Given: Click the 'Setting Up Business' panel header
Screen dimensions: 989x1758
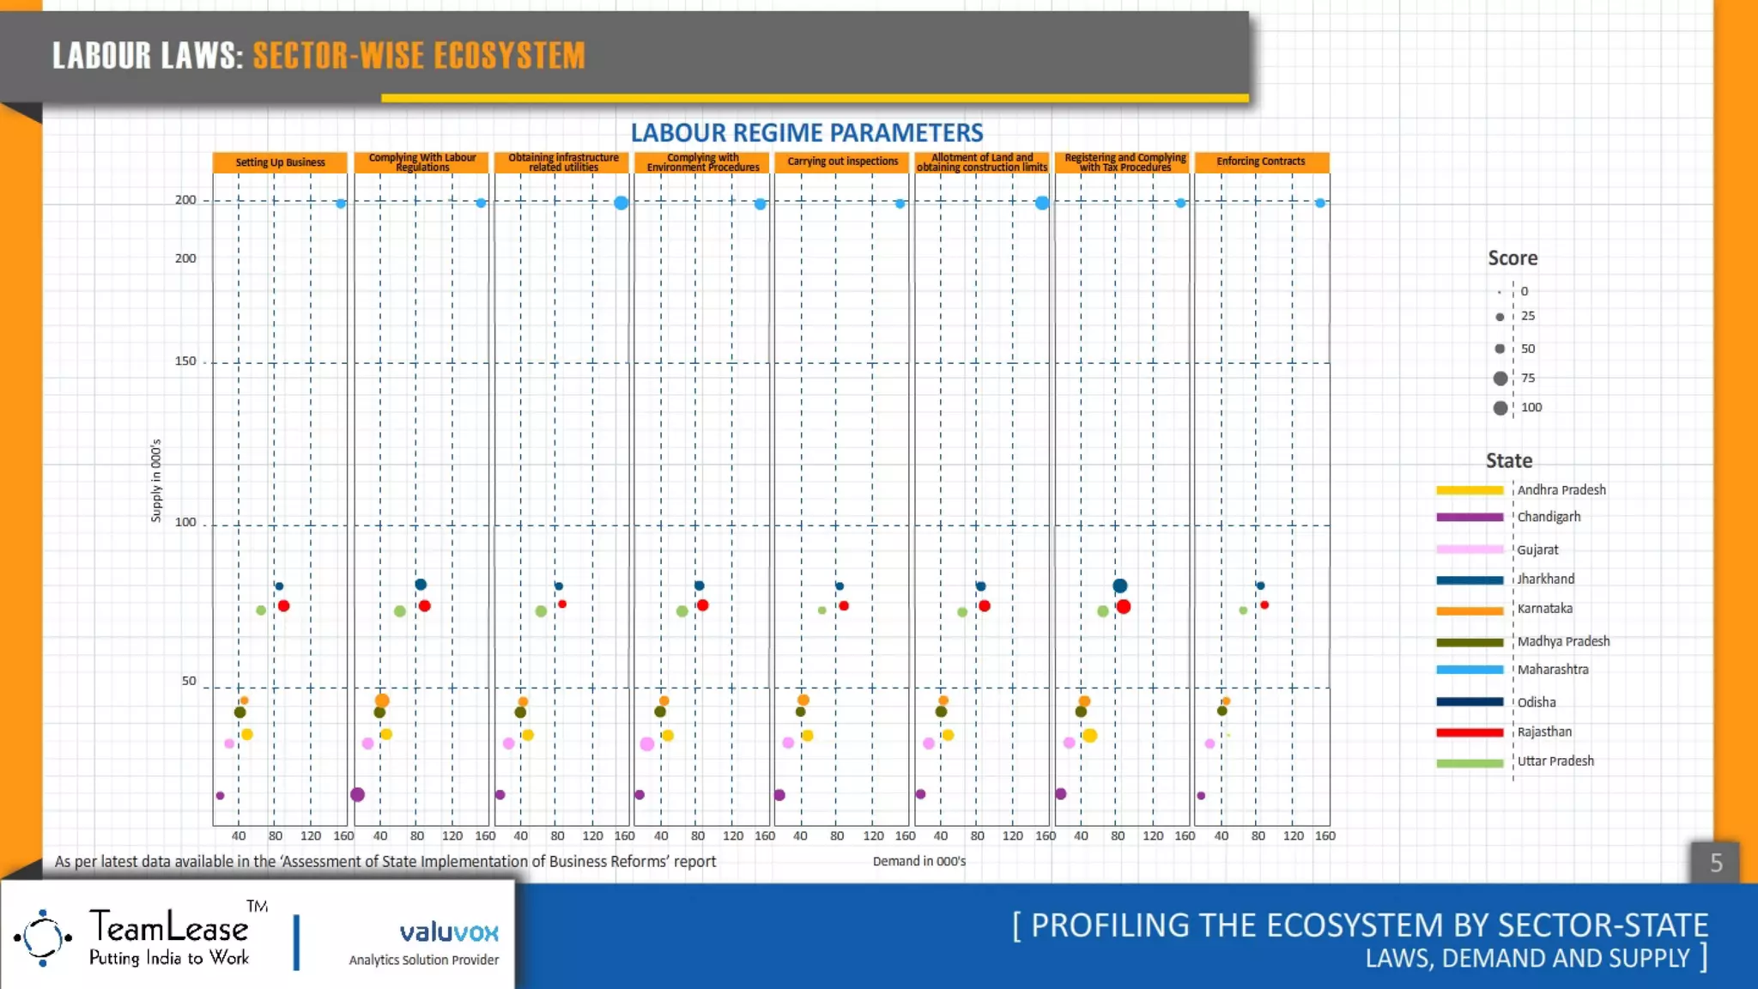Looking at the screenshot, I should coord(280,162).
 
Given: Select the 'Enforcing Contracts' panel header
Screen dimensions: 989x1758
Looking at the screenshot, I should coord(1260,161).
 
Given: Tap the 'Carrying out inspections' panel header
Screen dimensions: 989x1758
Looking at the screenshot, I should coord(842,161).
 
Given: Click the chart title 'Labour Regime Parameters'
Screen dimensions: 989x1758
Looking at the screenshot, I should coord(807,133).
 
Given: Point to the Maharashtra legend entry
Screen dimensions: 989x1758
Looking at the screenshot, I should coord(1552,670).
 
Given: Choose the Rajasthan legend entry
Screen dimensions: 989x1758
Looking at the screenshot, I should coord(1544,732).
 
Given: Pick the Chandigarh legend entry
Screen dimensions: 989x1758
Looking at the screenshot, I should coord(1549,517).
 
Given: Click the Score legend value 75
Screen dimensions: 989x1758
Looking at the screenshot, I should coord(1527,378).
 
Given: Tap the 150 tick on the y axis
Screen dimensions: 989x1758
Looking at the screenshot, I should coord(185,361).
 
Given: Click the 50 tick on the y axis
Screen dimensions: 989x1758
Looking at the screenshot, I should coord(189,682).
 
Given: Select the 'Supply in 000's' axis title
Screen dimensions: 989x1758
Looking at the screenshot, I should coord(156,481).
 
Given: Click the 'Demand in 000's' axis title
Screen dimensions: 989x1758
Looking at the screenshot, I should coord(918,861).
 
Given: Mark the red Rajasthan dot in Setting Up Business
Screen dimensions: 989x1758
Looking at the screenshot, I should coord(284,606).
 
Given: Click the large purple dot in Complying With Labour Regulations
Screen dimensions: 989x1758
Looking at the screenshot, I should coord(358,794).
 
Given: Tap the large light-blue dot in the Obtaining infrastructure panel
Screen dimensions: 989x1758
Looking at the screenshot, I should coord(621,203).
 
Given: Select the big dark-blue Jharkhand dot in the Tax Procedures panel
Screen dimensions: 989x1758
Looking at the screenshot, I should coord(1119,586).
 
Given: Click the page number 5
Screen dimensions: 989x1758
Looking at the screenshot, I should coord(1715,863).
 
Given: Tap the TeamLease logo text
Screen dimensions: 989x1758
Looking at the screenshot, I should coord(169,928).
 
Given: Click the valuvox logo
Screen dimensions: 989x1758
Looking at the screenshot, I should coord(448,932).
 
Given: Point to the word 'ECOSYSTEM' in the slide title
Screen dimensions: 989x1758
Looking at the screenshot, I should coord(509,56).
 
